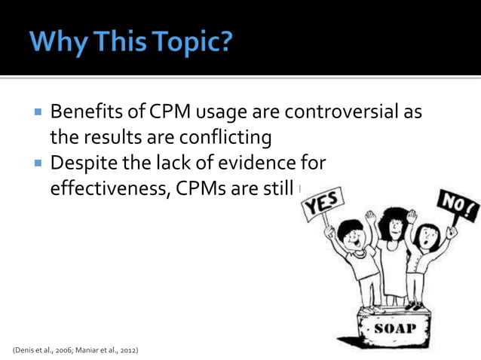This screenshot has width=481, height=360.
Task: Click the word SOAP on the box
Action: point(396,329)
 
